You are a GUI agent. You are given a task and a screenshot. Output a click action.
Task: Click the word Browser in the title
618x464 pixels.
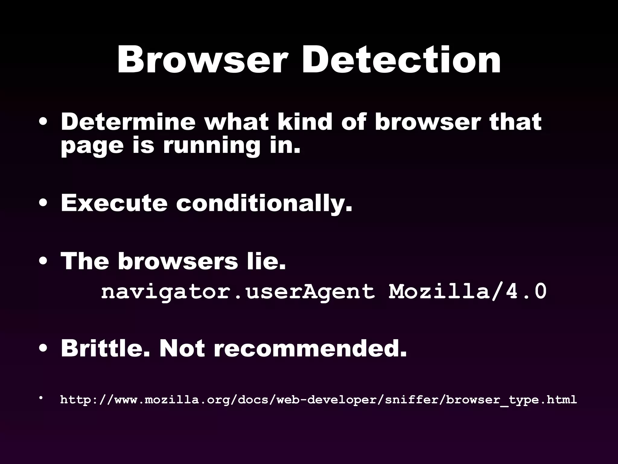[201, 60]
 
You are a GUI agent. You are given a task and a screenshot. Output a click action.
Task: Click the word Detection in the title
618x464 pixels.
[401, 60]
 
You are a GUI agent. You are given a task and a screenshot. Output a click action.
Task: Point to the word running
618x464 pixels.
[212, 146]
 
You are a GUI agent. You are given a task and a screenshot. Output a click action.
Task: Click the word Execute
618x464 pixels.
[114, 203]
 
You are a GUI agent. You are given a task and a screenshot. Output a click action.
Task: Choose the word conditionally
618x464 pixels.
[264, 203]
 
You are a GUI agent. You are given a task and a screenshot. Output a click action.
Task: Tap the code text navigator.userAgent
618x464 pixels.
[238, 292]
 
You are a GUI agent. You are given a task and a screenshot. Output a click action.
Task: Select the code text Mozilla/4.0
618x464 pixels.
[467, 292]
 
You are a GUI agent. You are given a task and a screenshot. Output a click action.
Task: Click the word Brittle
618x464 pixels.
[105, 348]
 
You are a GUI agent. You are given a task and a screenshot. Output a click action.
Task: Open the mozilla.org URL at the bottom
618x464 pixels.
[318, 400]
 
